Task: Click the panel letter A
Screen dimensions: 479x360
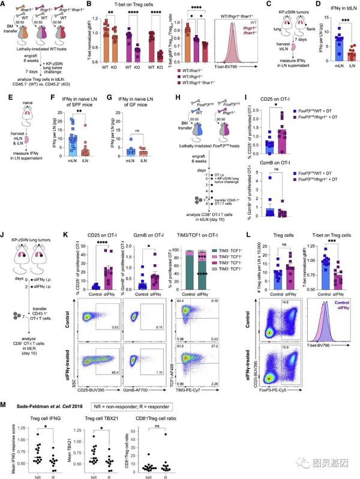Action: (4, 5)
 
